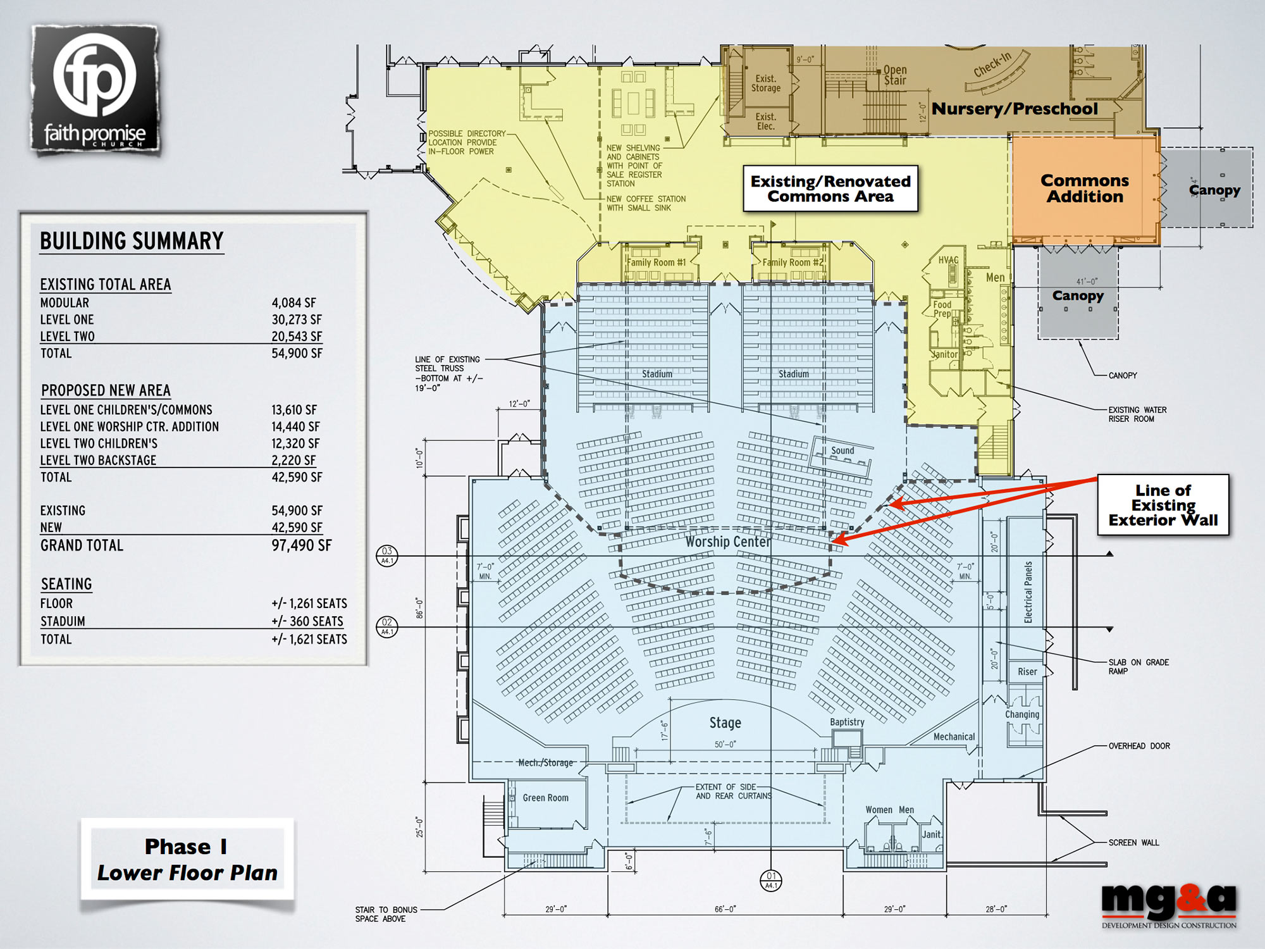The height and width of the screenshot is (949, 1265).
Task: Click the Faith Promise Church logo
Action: click(x=95, y=90)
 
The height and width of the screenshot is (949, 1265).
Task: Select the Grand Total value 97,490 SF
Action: click(x=302, y=545)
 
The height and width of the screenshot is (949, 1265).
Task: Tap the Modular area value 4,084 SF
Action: click(x=294, y=303)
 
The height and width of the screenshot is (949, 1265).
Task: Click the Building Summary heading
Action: click(x=132, y=241)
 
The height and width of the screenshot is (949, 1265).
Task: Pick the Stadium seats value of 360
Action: click(x=307, y=621)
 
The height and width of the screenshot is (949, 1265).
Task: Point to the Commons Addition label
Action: click(x=1085, y=189)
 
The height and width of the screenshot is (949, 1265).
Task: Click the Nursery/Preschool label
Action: click(x=1015, y=109)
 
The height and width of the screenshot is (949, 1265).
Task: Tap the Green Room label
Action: click(x=545, y=798)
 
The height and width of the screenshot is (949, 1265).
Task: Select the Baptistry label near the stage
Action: click(x=847, y=722)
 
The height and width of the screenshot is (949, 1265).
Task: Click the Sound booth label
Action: click(x=842, y=450)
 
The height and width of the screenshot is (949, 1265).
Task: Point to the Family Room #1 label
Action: click(x=657, y=263)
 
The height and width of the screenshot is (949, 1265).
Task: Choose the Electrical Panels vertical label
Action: click(x=1028, y=592)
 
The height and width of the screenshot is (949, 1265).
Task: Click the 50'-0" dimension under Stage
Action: click(x=725, y=744)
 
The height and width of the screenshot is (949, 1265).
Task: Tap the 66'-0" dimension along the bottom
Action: click(x=725, y=909)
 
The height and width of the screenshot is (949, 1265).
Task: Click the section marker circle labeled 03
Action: click(x=387, y=555)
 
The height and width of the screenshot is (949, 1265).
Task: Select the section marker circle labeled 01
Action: click(x=771, y=880)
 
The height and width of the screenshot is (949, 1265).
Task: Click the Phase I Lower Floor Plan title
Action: click(x=187, y=859)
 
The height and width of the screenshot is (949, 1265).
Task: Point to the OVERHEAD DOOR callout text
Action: click(x=1139, y=746)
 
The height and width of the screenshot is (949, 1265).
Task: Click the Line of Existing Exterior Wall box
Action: click(x=1163, y=505)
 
